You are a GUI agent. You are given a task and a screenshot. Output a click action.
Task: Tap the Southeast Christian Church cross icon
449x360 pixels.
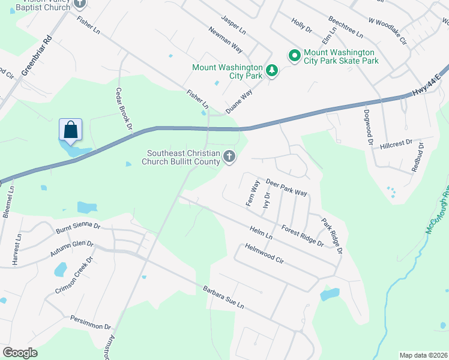point(229,157)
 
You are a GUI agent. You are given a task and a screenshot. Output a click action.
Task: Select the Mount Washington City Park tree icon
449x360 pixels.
point(272,71)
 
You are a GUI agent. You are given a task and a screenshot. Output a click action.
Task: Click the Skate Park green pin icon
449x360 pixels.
point(295,56)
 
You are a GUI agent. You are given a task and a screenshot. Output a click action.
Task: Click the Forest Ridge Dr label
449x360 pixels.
point(303,235)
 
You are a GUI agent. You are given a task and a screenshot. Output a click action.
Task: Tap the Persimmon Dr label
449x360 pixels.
point(91,323)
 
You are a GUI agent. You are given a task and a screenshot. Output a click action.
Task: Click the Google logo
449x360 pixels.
point(20,353)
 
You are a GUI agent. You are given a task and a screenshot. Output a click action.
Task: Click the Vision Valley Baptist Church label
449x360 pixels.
point(36,5)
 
